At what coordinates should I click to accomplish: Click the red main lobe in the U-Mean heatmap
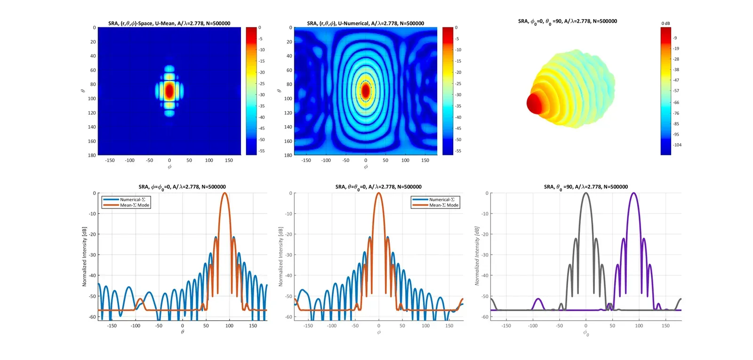169,89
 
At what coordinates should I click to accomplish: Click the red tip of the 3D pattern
535,103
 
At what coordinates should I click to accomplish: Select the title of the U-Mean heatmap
169,23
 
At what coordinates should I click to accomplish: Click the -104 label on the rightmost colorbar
677,145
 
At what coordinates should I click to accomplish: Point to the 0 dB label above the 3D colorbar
665,23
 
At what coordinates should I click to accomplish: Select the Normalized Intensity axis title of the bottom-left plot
85,256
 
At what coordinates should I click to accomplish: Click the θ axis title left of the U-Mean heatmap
82,90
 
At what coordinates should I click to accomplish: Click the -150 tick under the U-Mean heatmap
110,160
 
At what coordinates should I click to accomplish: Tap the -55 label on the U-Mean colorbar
262,151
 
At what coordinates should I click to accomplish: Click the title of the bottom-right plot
585,187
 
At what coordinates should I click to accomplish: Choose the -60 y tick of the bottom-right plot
485,317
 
